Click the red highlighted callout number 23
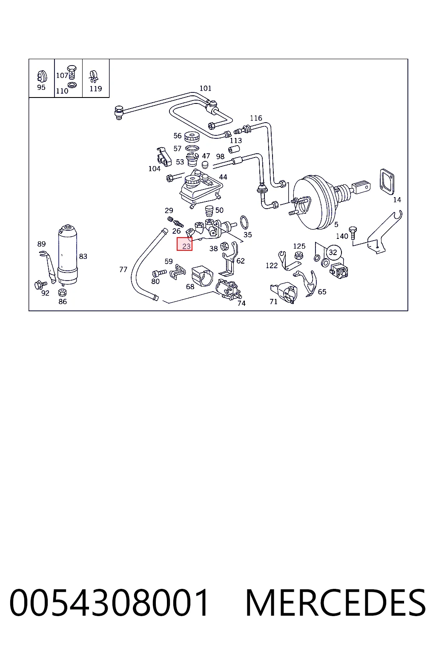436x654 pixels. (184, 244)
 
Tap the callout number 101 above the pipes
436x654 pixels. (205, 88)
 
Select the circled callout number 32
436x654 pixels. (333, 252)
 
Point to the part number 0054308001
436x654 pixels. (109, 602)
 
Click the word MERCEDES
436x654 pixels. (336, 602)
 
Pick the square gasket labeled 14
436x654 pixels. (387, 181)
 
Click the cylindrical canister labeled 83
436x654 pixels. (68, 255)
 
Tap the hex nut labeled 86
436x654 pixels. (62, 292)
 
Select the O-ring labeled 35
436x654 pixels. (244, 223)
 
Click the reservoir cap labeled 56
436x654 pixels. (192, 136)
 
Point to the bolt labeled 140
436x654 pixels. (353, 233)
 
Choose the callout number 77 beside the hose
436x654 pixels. (123, 270)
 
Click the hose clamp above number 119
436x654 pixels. (94, 77)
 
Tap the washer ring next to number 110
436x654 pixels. (72, 85)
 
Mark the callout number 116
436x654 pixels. (256, 118)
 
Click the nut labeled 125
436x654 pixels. (298, 255)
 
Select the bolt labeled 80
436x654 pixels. (159, 273)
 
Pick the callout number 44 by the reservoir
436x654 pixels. (223, 177)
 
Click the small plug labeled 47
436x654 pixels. (205, 164)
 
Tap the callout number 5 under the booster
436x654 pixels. (336, 224)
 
